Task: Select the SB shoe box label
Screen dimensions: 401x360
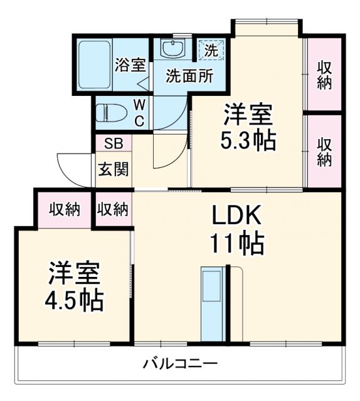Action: point(113,143)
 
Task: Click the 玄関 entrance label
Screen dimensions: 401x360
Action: point(114,169)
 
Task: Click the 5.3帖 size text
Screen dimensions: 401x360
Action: point(248,140)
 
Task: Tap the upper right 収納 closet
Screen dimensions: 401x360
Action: point(324,75)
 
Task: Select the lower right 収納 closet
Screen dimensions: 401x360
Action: point(324,151)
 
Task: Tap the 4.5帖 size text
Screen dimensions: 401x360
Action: point(74,301)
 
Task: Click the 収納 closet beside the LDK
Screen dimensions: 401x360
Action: point(114,209)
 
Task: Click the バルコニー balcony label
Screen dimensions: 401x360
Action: point(179,363)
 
